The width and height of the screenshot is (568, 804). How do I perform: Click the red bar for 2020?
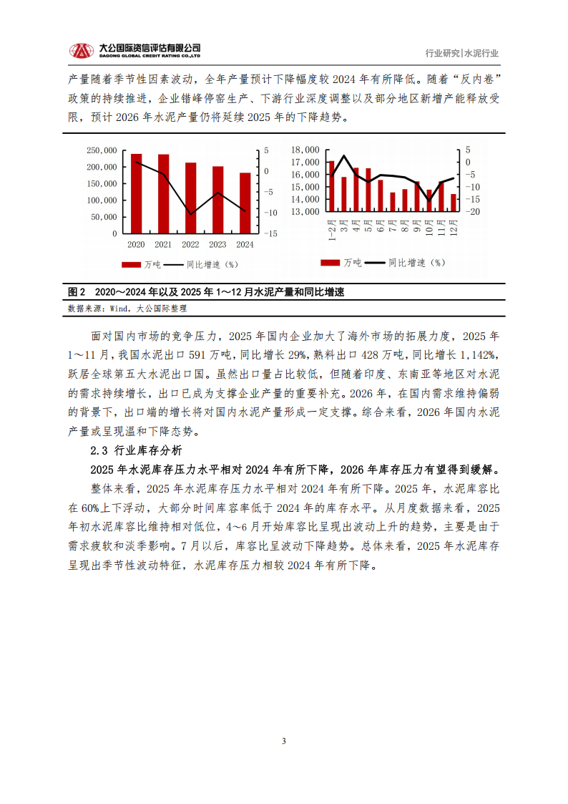click(x=136, y=193)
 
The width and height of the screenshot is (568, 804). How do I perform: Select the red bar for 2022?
click(x=190, y=198)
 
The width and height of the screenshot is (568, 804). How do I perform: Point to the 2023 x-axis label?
click(x=217, y=245)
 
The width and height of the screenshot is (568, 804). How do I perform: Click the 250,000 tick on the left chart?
click(x=101, y=150)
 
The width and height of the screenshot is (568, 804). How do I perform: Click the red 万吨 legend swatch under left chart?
click(x=131, y=264)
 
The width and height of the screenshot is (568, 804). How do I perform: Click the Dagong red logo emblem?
click(x=81, y=51)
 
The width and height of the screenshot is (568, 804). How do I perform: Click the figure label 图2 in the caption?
click(x=76, y=293)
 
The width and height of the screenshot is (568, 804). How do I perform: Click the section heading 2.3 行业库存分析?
click(x=136, y=450)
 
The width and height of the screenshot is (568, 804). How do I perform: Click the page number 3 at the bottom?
click(x=284, y=740)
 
